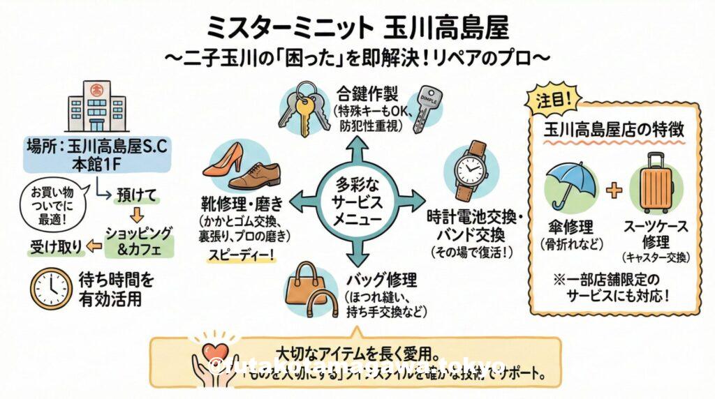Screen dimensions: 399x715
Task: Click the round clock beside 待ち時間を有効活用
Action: point(51,289)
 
